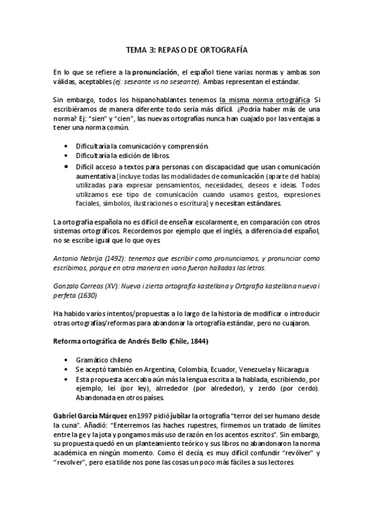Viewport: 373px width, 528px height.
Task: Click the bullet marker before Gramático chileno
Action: tap(67, 361)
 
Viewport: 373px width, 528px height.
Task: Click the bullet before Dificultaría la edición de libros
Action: tap(67, 155)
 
